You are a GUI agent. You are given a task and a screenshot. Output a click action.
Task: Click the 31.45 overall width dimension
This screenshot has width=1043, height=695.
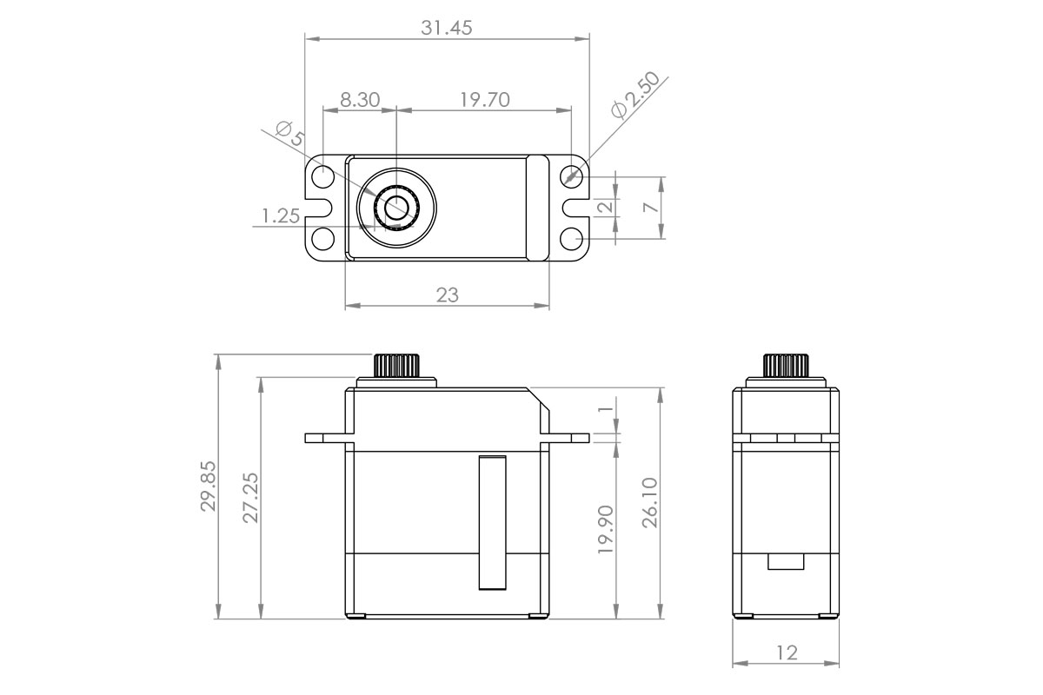tap(447, 28)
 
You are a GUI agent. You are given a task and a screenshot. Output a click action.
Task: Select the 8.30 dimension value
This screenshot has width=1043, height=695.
tap(359, 99)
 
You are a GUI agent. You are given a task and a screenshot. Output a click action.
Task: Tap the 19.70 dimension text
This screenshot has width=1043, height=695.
tap(484, 99)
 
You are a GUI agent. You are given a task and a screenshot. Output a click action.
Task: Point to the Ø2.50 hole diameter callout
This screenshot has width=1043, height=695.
tap(635, 95)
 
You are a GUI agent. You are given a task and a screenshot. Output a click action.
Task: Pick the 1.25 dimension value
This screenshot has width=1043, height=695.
tap(281, 215)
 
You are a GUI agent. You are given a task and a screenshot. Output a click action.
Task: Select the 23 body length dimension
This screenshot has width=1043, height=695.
tap(447, 295)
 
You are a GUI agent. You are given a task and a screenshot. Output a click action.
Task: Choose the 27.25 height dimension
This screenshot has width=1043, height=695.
tap(251, 499)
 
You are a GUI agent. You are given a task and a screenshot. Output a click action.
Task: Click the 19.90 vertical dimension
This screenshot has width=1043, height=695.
tap(606, 529)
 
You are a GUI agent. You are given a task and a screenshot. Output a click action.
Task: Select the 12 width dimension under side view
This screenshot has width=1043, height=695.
tap(786, 652)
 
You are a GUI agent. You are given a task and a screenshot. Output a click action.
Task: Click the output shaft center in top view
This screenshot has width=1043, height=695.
tap(396, 208)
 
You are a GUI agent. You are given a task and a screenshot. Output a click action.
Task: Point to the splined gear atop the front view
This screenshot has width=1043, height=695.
tap(397, 364)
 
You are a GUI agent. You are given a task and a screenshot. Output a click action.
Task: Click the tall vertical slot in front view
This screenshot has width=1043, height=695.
tap(492, 523)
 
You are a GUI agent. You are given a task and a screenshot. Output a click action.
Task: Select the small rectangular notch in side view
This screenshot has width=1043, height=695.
tap(786, 561)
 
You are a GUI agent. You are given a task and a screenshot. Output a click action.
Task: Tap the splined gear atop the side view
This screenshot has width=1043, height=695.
tap(786, 364)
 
